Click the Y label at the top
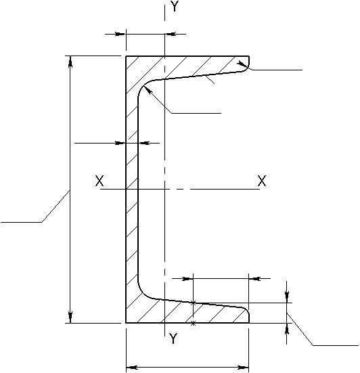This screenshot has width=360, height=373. [175, 6]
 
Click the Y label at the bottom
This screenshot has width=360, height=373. [173, 338]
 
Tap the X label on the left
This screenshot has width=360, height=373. [99, 181]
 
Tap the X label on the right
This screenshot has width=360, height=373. [262, 181]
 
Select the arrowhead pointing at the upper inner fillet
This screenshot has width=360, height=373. [148, 90]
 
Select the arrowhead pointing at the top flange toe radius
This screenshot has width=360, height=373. [242, 64]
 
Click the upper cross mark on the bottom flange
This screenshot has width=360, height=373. [194, 303]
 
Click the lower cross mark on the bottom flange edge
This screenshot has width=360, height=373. [194, 324]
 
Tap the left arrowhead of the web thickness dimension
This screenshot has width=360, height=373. [120, 144]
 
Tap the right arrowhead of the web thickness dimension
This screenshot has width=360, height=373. [143, 144]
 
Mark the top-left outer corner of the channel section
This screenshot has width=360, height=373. [126, 56]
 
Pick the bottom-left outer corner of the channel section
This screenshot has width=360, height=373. [126, 323]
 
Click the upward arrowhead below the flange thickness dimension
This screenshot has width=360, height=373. [287, 329]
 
